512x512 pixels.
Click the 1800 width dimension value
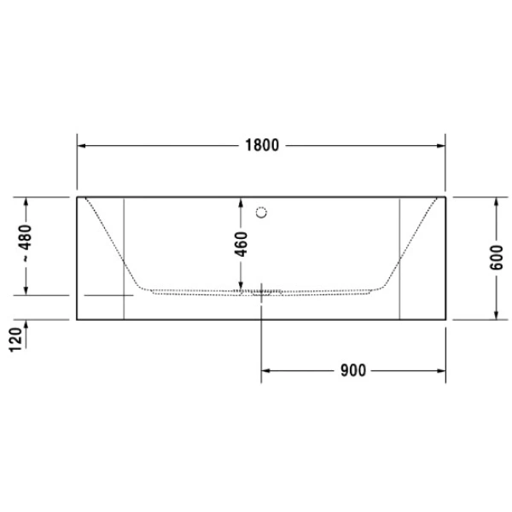tap(262, 145)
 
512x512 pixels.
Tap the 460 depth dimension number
tap(241, 245)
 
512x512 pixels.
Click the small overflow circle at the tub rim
tap(263, 209)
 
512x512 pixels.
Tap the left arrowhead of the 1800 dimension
tap(83, 145)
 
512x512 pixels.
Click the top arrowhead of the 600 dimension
tap(496, 201)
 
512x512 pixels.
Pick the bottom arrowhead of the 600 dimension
tap(496, 313)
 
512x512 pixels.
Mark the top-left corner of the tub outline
tap(78, 196)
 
